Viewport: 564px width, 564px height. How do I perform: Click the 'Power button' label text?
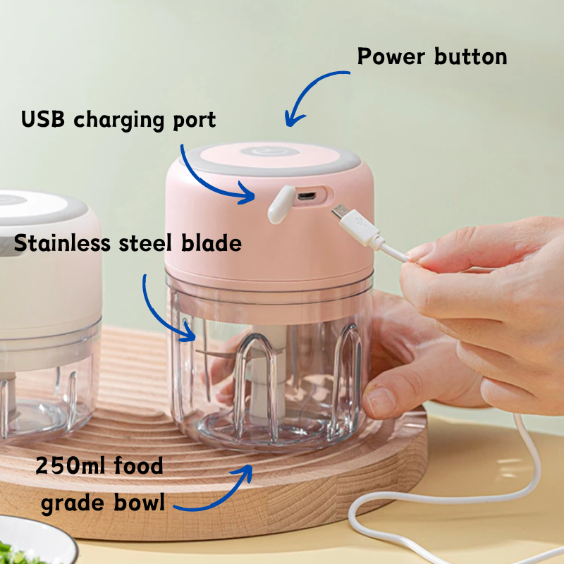point(431,57)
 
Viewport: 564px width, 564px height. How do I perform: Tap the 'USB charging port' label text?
point(118,119)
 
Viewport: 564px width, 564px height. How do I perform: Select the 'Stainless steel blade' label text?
point(128,244)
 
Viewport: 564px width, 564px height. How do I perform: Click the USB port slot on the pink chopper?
point(306,195)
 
